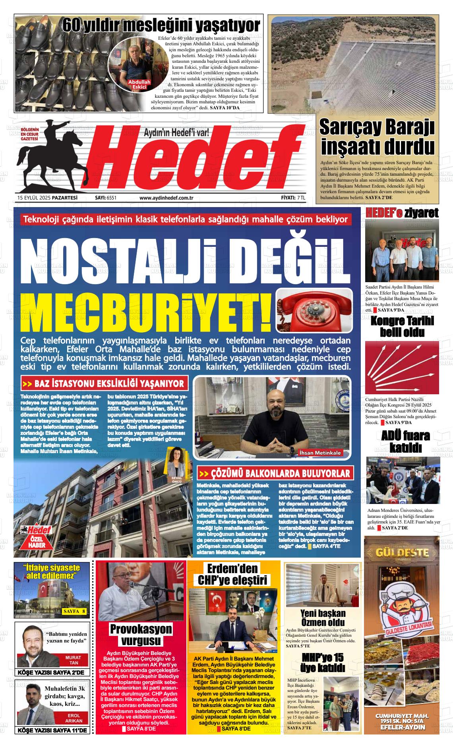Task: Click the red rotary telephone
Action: [x=314, y=310]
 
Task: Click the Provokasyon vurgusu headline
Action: [x=141, y=634]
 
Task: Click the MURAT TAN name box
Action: [x=73, y=660]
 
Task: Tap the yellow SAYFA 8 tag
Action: [x=74, y=611]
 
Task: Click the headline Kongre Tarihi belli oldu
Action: [x=402, y=326]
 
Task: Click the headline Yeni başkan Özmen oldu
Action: [x=323, y=618]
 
